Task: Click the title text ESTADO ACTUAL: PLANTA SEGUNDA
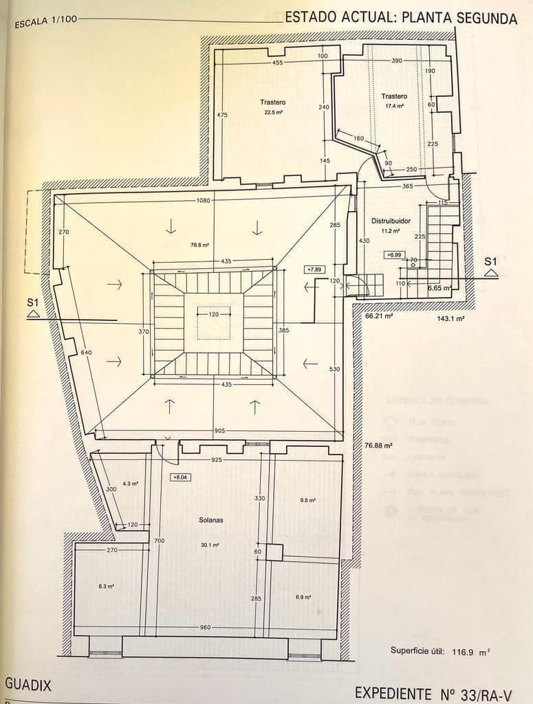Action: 400,18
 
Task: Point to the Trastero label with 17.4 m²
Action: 394,96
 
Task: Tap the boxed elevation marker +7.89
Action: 314,269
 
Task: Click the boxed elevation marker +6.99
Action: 393,255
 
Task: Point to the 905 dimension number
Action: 219,431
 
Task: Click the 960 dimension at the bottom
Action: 205,627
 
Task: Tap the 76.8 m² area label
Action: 180,243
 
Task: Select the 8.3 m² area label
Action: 106,586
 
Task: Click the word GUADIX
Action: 28,685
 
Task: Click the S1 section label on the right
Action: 490,261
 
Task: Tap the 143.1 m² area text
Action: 450,319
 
